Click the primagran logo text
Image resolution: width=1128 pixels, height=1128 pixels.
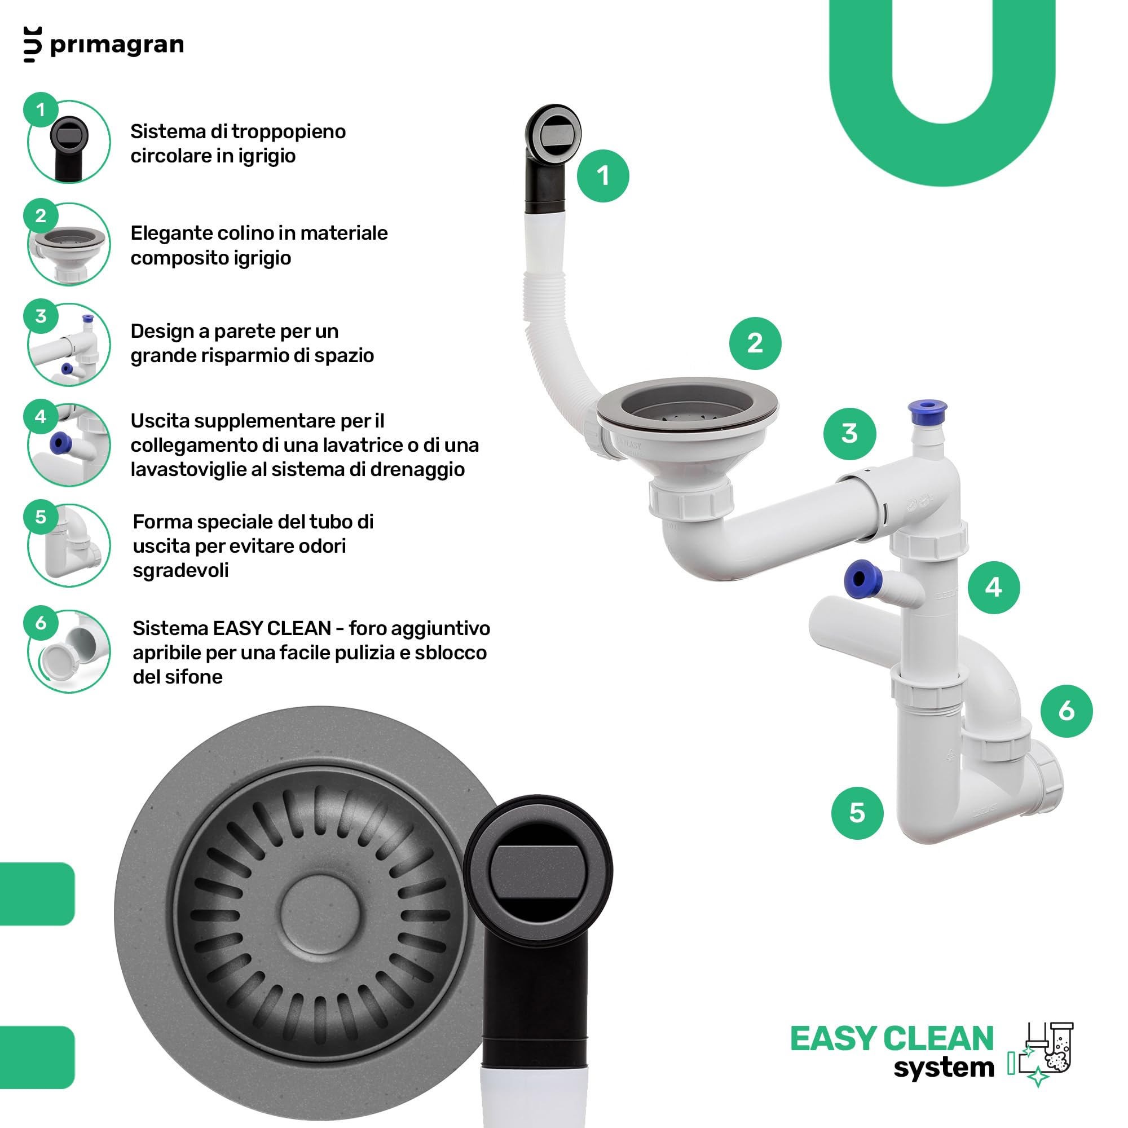117,45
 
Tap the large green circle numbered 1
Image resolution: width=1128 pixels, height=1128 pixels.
602,176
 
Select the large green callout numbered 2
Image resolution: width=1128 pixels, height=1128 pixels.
755,343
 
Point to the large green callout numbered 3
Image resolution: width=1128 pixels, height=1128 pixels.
849,434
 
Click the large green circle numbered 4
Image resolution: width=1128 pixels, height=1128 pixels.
994,587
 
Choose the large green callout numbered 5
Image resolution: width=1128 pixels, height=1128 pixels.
857,813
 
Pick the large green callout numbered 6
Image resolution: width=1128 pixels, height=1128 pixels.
1066,711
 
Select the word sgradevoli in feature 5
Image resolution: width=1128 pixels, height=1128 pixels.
180,570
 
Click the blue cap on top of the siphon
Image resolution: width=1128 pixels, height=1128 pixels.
927,412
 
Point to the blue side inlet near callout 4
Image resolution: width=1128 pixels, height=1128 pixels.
860,579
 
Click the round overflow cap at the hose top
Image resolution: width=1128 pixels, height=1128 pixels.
553,133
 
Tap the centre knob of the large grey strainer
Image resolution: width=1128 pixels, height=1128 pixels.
320,914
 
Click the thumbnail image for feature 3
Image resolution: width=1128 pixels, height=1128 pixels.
69,345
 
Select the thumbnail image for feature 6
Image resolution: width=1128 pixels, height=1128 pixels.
69,651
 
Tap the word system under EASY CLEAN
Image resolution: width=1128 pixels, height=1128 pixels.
944,1068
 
